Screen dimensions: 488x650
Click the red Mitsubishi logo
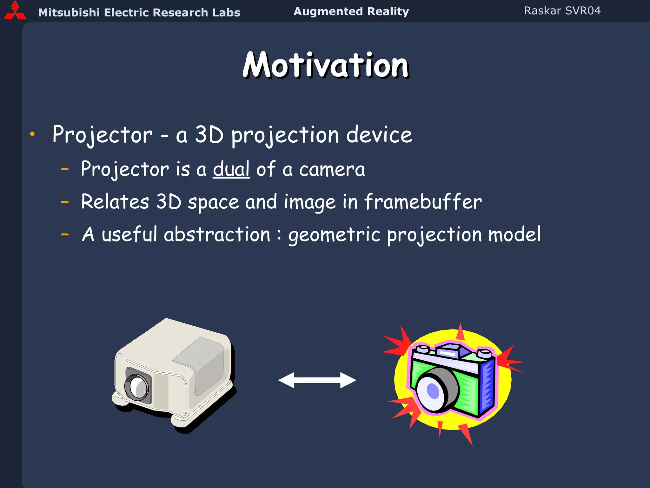tap(15, 11)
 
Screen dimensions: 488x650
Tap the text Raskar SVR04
tap(562, 11)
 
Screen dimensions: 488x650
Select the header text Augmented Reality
tap(351, 11)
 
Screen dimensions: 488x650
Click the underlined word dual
tap(231, 169)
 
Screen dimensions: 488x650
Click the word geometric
tap(334, 235)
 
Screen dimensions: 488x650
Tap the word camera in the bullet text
tap(332, 169)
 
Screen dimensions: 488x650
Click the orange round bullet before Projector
tap(32, 134)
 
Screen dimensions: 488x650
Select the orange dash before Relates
tap(65, 202)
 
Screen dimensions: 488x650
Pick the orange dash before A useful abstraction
tap(65, 235)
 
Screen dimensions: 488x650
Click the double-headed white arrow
tap(317, 380)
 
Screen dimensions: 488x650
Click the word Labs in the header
tap(226, 12)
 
